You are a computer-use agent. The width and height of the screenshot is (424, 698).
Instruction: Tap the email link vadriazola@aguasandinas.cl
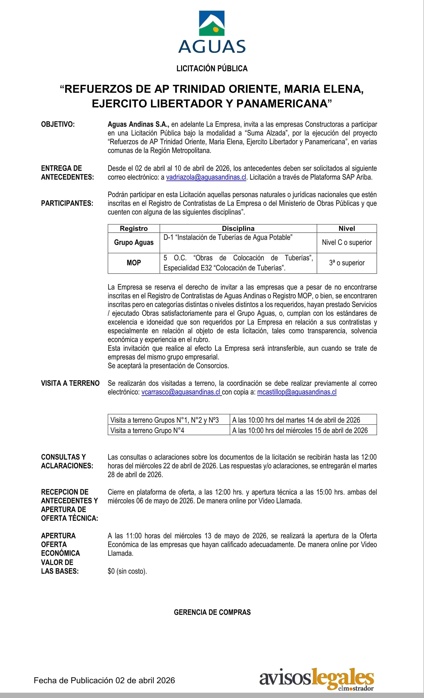click(x=206, y=177)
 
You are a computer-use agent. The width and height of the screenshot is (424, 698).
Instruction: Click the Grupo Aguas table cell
click(x=134, y=242)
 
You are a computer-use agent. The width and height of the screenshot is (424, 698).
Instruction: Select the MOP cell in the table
click(x=134, y=263)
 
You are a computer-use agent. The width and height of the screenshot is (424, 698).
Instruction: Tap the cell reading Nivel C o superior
click(x=347, y=242)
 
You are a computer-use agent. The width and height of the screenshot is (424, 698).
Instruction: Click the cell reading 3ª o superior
click(x=347, y=263)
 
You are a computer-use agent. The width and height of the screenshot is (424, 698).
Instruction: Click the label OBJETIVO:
click(x=58, y=124)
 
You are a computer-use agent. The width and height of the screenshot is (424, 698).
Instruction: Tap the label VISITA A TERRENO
click(x=70, y=383)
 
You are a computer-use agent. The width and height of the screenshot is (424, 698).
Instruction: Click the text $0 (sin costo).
click(x=127, y=571)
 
